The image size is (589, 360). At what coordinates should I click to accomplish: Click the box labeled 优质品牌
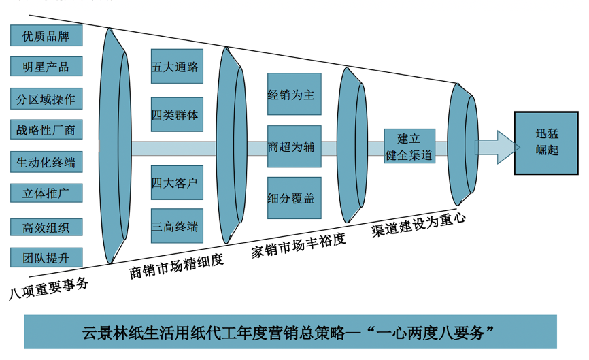[x=46, y=35]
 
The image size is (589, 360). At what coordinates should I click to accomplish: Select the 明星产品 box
[x=46, y=67]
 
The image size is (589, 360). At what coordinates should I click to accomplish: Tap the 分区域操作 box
[x=46, y=99]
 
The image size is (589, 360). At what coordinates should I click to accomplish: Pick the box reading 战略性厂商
[x=46, y=130]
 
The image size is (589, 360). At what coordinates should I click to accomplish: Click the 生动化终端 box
[x=46, y=163]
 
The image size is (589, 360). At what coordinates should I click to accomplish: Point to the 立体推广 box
[x=46, y=193]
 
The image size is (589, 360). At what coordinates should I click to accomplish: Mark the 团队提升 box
[x=46, y=258]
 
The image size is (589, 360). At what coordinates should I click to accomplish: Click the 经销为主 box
[x=294, y=95]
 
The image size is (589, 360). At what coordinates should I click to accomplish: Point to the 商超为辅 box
[x=294, y=146]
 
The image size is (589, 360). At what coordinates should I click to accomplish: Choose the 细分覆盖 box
[x=294, y=197]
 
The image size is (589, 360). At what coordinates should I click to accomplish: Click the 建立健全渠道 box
[x=409, y=147]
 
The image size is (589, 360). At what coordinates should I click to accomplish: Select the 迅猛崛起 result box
[x=547, y=143]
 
